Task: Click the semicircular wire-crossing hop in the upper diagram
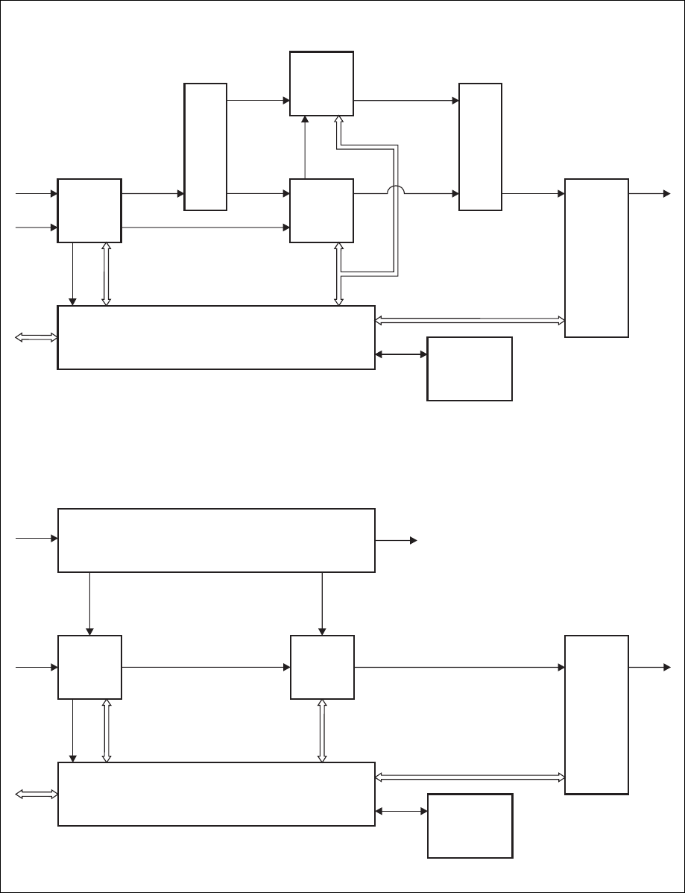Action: coord(396,190)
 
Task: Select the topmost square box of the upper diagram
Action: coord(321,84)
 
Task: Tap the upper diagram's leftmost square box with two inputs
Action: coord(89,210)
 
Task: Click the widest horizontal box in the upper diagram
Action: coord(216,337)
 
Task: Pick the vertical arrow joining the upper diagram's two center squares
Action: coord(304,148)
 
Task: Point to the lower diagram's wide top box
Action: coord(216,540)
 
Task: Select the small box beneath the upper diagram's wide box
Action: coord(470,369)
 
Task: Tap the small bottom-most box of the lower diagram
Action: coord(470,825)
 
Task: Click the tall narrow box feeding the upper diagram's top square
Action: coord(206,147)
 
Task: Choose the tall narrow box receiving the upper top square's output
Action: coord(480,147)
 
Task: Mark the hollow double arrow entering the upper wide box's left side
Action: coord(36,338)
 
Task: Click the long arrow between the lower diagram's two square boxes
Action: coord(206,667)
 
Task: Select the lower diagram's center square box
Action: coord(321,667)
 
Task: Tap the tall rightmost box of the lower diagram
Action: coord(596,715)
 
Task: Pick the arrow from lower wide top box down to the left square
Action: coord(89,604)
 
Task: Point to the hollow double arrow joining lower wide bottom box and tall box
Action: coord(470,777)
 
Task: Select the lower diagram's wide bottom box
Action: coord(216,794)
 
